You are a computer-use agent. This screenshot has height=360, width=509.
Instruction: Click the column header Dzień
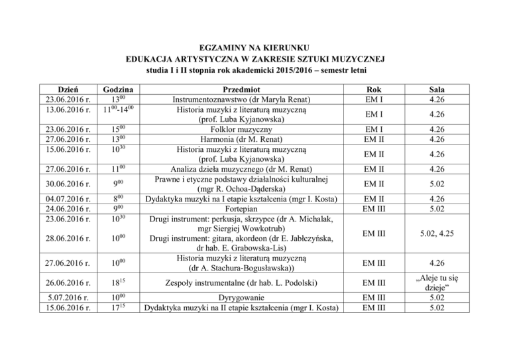click(x=65, y=90)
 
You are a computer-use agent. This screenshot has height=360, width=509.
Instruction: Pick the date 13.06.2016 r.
click(x=65, y=110)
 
